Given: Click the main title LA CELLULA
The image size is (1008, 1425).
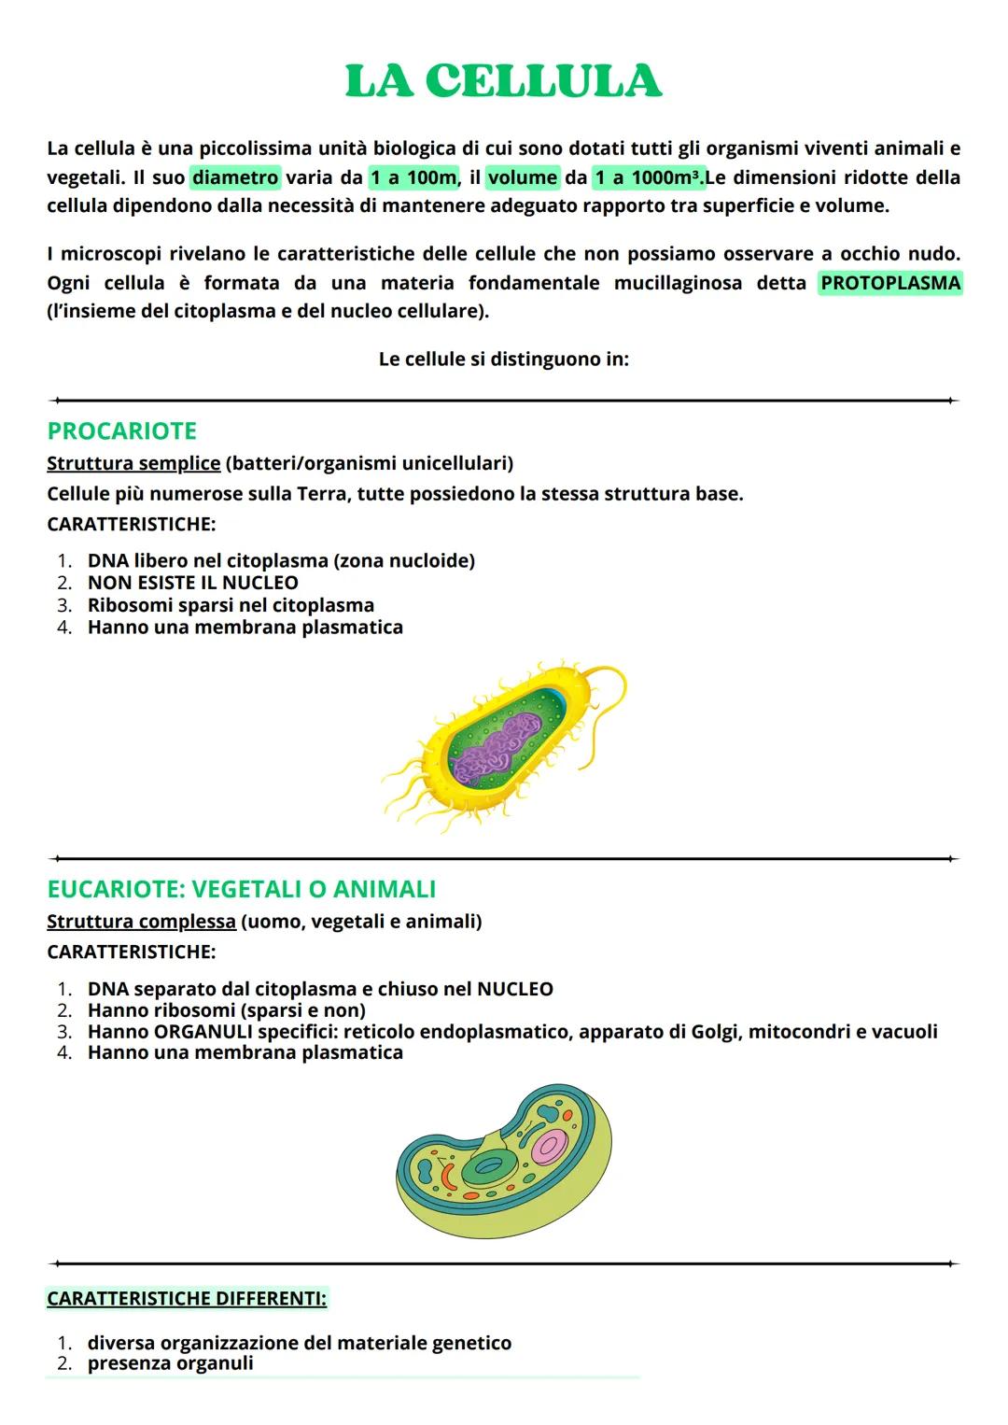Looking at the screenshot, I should coord(503,81).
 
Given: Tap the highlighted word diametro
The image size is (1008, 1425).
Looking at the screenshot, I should coord(235,177).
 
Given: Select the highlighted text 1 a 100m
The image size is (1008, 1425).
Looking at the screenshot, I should coord(413,177).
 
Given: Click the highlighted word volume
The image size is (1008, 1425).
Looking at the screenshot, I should coord(522,177).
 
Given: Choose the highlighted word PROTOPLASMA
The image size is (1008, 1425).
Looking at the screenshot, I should coord(889,283).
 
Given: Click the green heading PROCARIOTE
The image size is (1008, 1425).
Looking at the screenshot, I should coord(121,431).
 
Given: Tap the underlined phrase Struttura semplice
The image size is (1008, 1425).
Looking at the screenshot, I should coord(133,463).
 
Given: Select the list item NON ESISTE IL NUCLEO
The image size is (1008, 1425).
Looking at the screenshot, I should coord(192,583).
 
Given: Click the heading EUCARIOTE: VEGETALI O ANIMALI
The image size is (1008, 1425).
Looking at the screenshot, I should coord(241,889).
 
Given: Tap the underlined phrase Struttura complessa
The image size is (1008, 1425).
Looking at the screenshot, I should coord(141,922).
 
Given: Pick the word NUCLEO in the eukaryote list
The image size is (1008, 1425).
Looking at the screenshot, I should coord(514,989).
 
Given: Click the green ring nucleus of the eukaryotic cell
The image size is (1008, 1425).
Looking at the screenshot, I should coord(488,1165).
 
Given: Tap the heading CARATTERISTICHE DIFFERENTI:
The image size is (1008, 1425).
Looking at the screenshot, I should coord(187,1299).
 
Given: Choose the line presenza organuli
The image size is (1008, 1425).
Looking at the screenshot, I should coord(170,1363).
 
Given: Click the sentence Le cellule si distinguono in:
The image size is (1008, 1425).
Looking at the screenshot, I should coord(503,360).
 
